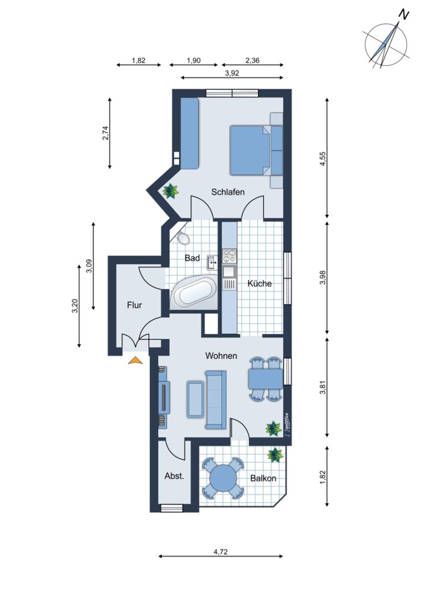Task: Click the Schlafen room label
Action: [x=228, y=192]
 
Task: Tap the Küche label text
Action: [x=259, y=283]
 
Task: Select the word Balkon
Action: [x=263, y=478]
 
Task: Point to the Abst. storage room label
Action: [x=174, y=476]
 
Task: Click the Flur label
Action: [x=134, y=305]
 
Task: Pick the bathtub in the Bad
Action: [x=194, y=292]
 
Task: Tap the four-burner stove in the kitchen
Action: [x=230, y=255]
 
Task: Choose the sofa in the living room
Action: [x=216, y=399]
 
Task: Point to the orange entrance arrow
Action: [x=135, y=360]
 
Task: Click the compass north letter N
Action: [x=403, y=14]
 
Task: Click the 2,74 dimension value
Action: [x=106, y=133]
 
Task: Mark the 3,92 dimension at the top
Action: [x=232, y=73]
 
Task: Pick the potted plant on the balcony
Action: [x=275, y=455]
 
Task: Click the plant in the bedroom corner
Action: [x=171, y=190]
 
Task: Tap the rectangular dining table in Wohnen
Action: [x=265, y=379]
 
